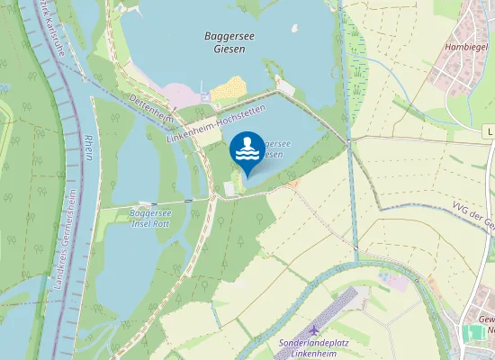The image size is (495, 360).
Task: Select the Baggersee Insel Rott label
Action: (x=150, y=217)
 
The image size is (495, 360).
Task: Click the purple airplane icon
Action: (x=313, y=331)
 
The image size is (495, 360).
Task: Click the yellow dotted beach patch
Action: (x=229, y=87)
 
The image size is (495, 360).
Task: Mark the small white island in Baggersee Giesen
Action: (x=294, y=28)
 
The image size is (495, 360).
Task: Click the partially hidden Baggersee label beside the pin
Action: (x=274, y=148)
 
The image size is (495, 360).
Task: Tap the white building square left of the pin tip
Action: (x=227, y=187)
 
